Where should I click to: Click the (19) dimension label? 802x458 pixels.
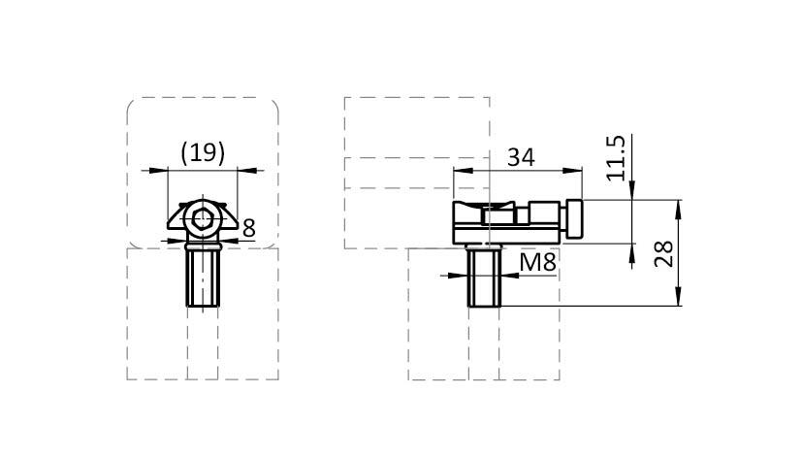pyautogui.click(x=203, y=152)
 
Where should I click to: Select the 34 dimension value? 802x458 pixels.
pyautogui.click(x=521, y=157)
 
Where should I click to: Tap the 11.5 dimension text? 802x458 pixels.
pyautogui.click(x=616, y=157)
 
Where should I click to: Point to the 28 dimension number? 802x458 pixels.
pyautogui.click(x=664, y=254)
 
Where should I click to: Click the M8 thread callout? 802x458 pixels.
pyautogui.click(x=537, y=263)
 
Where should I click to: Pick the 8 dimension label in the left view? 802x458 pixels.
pyautogui.click(x=248, y=228)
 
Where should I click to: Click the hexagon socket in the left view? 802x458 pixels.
pyautogui.click(x=203, y=219)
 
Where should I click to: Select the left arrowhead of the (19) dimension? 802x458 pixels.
pyautogui.click(x=158, y=170)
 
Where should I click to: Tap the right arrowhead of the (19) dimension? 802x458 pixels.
pyautogui.click(x=247, y=170)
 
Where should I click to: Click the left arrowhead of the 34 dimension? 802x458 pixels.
pyautogui.click(x=463, y=171)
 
